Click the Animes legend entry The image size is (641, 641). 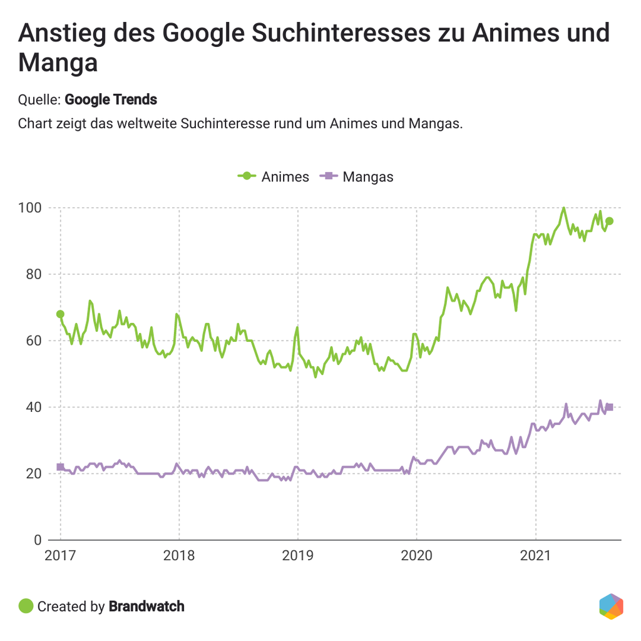274,177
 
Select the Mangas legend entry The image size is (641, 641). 357,177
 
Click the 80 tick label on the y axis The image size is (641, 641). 33,274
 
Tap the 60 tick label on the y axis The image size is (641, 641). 33,341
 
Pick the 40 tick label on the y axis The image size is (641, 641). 33,407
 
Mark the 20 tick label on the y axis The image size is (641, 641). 33,474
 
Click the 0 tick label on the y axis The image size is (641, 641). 36,540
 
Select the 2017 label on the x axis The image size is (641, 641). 61,555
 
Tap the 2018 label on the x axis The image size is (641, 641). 179,555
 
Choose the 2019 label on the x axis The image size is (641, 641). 298,555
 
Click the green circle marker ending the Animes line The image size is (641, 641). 609,221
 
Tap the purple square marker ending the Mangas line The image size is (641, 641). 610,407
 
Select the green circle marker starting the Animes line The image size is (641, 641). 60,314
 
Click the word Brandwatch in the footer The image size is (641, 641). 146,606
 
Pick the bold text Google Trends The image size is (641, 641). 111,99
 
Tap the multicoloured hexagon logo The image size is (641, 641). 611,606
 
